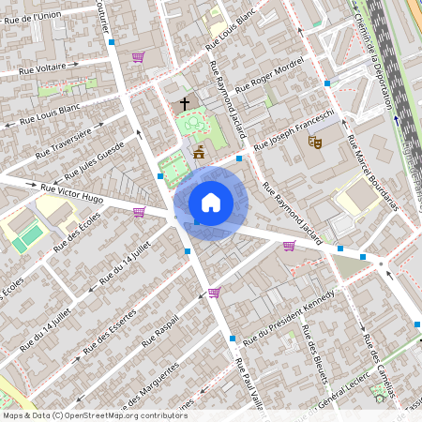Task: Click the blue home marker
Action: tap(211, 203)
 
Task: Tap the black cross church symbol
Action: tap(185, 103)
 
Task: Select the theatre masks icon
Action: tap(315, 143)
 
